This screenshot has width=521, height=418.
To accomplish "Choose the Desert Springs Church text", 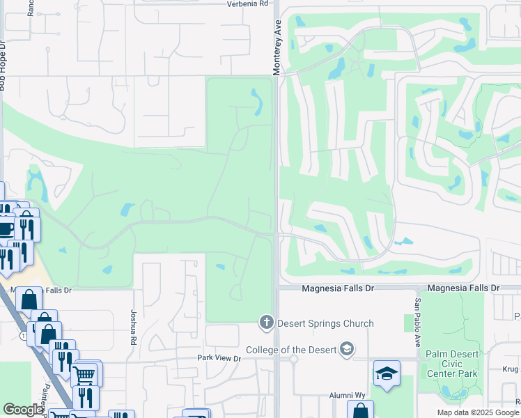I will click(325, 323).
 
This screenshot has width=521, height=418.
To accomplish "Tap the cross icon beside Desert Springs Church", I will click(265, 323).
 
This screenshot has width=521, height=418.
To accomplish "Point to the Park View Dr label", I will click(217, 359).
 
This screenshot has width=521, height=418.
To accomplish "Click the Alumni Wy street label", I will click(348, 395).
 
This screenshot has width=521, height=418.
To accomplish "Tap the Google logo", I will click(23, 410).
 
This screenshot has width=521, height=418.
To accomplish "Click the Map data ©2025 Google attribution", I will click(477, 412).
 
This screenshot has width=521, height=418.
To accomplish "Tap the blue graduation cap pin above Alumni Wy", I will click(387, 374).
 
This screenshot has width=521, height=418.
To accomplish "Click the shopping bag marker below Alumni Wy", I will click(360, 410).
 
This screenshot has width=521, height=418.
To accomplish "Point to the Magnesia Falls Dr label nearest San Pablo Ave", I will click(463, 288).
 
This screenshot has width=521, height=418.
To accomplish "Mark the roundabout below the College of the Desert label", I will click(294, 360).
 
